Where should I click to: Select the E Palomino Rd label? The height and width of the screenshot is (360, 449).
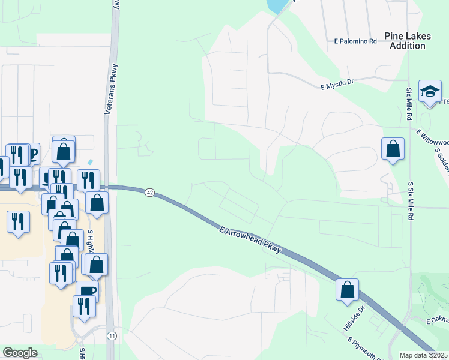pos(355,41)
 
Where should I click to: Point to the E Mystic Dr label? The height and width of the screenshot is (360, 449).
pos(338,85)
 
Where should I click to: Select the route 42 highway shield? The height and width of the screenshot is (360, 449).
pos(149,192)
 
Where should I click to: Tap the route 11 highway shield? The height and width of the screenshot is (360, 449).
pos(112,335)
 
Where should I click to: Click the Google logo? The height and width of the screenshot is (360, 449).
pos(20,353)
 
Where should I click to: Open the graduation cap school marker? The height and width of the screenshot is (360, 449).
pos(430,92)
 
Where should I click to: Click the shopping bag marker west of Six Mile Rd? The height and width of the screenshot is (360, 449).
pos(393,149)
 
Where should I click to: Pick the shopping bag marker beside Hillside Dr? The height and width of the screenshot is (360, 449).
pos(348,290)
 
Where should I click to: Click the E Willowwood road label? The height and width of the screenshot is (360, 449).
pos(432,139)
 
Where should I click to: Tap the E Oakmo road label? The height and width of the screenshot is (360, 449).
pos(437,320)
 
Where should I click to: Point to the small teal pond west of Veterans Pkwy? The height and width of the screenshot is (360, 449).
pos(90,162)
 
